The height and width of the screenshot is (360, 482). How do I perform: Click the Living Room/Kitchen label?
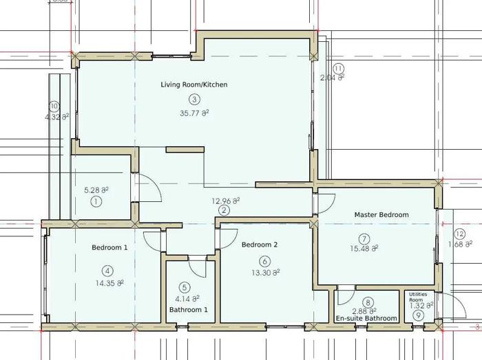coord(194,85)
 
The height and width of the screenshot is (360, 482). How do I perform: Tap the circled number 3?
coord(194,100)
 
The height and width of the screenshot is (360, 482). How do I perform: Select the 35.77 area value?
coord(194,113)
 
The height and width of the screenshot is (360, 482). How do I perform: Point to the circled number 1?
coord(96,202)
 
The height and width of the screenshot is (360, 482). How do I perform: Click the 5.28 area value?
coord(96,190)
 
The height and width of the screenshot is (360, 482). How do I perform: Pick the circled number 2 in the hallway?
coord(224,210)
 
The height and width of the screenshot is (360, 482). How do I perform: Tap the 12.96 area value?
coord(226,201)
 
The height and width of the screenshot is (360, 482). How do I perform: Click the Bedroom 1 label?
coord(109,247)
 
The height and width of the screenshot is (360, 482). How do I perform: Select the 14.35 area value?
coord(109,283)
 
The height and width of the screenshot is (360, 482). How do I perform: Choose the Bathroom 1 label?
coord(189,310)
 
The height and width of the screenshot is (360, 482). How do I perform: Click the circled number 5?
coord(185,287)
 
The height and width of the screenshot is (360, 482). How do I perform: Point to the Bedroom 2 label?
coord(260,245)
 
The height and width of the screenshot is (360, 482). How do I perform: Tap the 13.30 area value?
coord(266,272)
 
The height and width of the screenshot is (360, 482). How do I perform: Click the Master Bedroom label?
coord(381,214)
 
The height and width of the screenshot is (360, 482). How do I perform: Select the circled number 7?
coord(364,238)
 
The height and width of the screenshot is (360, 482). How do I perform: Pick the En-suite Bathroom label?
coord(366,318)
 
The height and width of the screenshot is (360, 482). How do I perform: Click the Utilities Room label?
coord(418,297)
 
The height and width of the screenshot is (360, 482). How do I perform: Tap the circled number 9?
coord(418,315)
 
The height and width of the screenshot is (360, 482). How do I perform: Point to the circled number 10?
coord(54,106)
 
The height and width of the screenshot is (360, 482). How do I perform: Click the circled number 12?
coord(460,234)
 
